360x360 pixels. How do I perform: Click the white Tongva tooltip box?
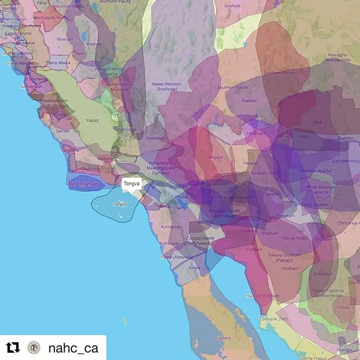click(x=130, y=183)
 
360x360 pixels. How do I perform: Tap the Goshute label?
click(x=232, y=6)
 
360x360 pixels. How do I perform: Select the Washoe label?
click(x=93, y=43)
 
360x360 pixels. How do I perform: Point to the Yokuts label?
click(x=92, y=120)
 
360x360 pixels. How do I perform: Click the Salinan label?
click(x=63, y=130)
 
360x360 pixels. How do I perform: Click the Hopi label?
click(x=304, y=136)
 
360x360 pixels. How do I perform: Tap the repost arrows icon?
click(x=12, y=348)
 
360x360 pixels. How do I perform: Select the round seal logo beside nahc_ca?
click(x=34, y=348)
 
